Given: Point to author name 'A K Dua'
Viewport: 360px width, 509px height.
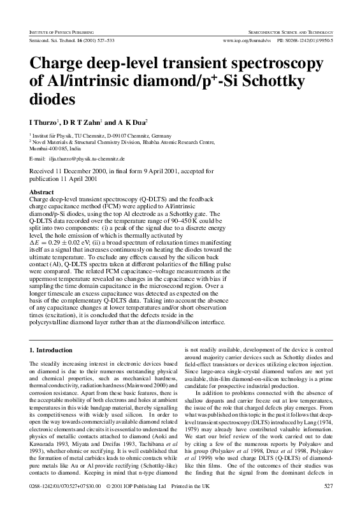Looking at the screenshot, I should (133, 121).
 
